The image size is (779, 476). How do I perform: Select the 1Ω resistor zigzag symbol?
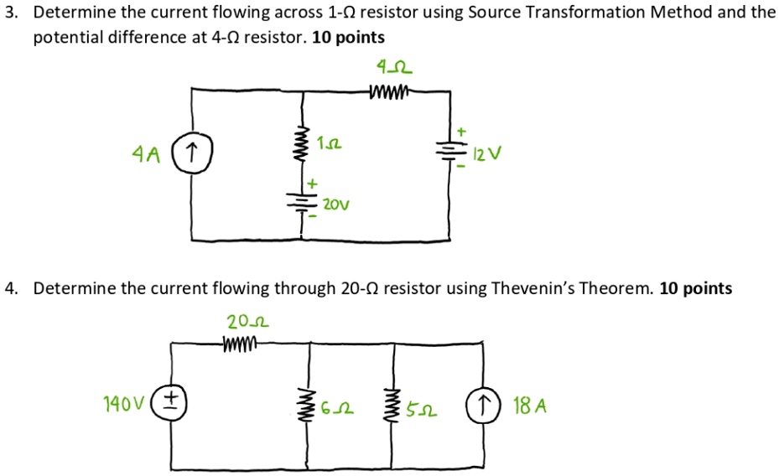[300, 147]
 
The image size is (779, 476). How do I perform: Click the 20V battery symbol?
[300, 202]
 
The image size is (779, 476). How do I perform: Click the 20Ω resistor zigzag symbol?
[242, 341]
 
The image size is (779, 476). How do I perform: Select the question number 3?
[8, 13]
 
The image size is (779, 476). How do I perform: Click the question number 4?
[8, 288]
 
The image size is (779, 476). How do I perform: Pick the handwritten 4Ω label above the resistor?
[394, 65]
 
